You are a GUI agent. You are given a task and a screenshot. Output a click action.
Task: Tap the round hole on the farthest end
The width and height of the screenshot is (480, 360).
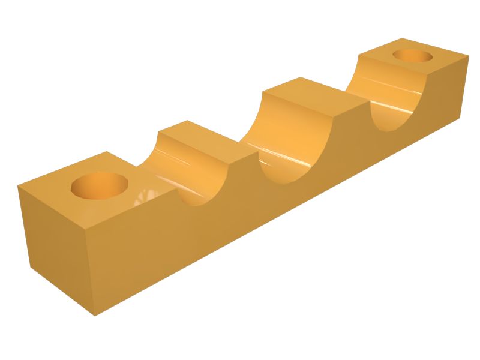coord(412,56)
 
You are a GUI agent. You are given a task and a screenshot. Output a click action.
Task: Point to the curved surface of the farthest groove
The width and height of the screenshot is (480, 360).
coord(384,96)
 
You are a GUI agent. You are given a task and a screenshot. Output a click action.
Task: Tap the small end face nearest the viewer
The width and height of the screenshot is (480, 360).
coord(57,252)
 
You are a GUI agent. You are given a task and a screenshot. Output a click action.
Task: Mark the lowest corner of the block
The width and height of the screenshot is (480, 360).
coord(95,316)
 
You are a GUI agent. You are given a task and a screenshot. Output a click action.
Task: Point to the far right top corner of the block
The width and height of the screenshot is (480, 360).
coord(468,58)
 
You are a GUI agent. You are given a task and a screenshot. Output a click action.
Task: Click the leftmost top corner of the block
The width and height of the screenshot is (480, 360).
coord(17,186)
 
